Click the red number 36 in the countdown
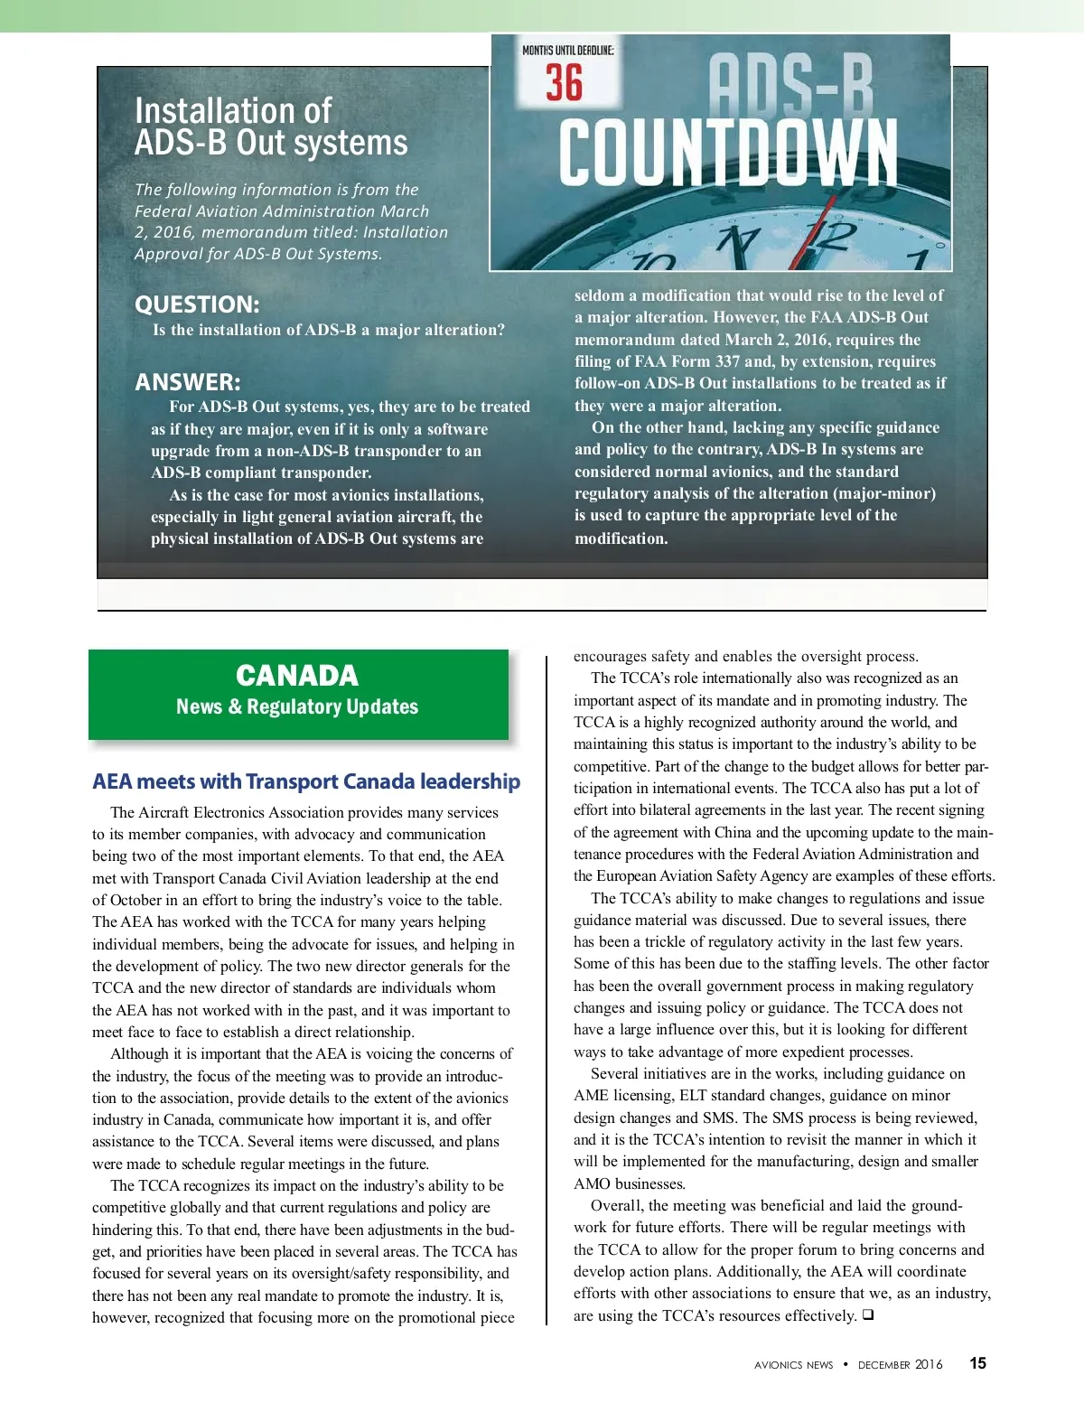pyautogui.click(x=565, y=83)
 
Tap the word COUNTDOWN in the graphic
pyautogui.click(x=728, y=153)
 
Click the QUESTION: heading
pyautogui.click(x=197, y=304)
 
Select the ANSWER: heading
pyautogui.click(x=188, y=382)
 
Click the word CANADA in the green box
pyautogui.click(x=297, y=676)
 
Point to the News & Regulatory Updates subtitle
pyautogui.click(x=297, y=706)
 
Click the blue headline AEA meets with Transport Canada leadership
pyautogui.click(x=306, y=781)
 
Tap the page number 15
pyautogui.click(x=977, y=1363)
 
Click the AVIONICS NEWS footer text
pyautogui.click(x=793, y=1365)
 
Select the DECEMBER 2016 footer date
pyautogui.click(x=900, y=1365)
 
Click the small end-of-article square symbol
pyautogui.click(x=867, y=1315)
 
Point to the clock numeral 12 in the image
pyautogui.click(x=829, y=237)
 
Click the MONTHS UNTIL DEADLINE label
pyautogui.click(x=567, y=51)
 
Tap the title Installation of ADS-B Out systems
pyautogui.click(x=271, y=126)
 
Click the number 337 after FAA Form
pyautogui.click(x=727, y=361)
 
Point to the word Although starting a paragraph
pyautogui.click(x=139, y=1053)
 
